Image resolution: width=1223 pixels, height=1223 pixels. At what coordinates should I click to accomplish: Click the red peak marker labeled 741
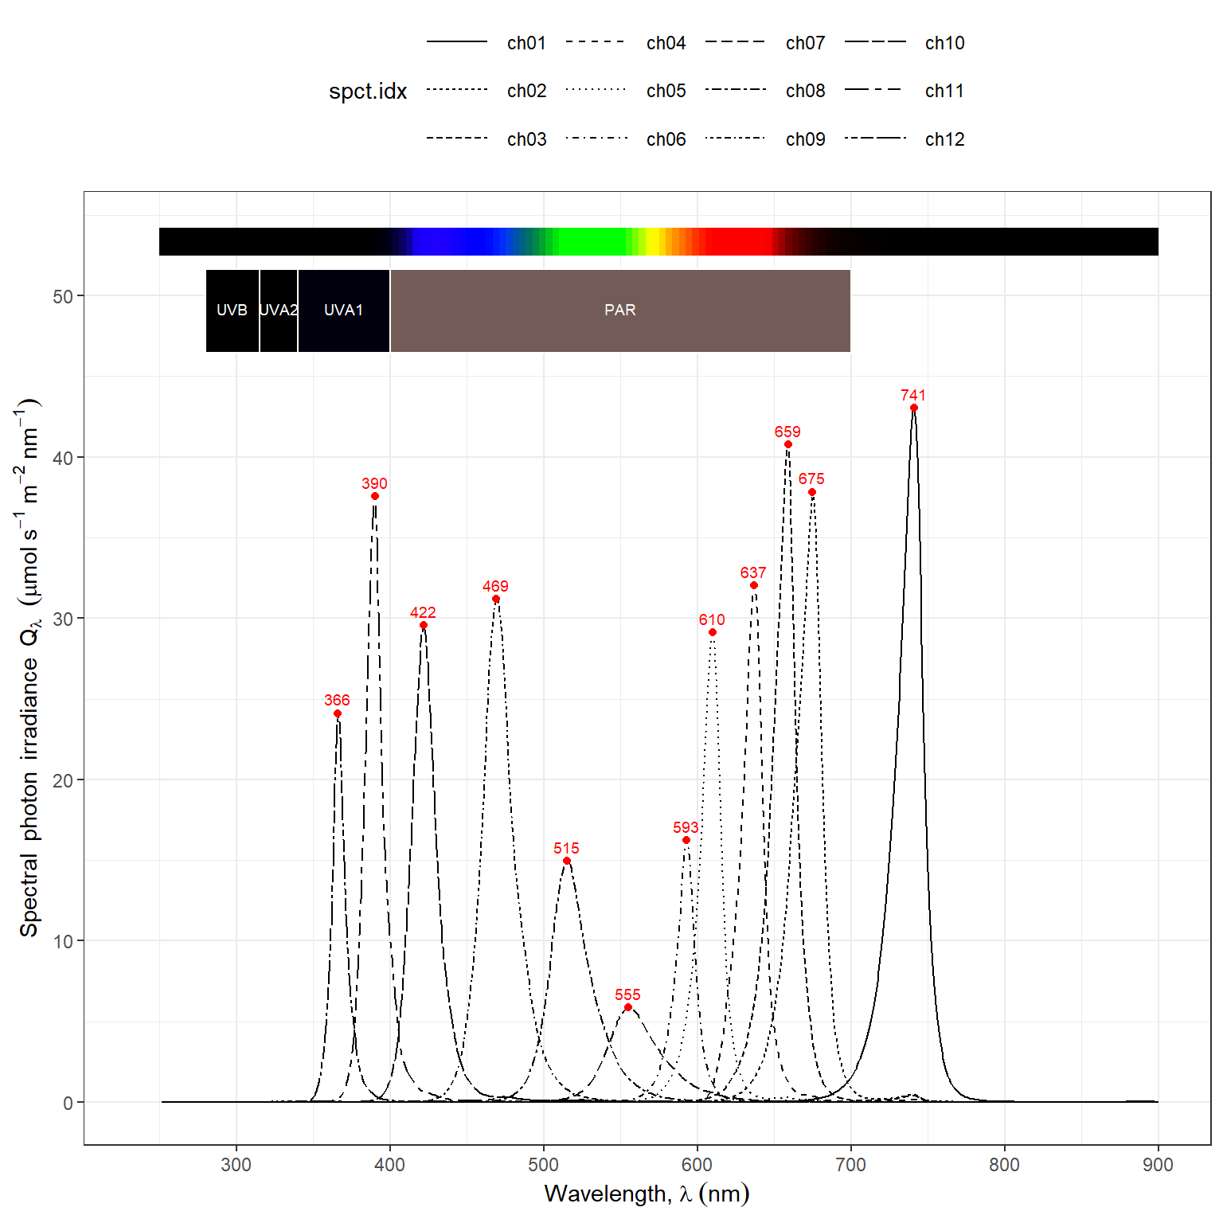pyautogui.click(x=913, y=408)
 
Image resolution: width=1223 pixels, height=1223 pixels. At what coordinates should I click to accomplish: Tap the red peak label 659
pyautogui.click(x=787, y=432)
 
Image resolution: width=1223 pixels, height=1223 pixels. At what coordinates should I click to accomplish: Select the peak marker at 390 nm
pyautogui.click(x=375, y=496)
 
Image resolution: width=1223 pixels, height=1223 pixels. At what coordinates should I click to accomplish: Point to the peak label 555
pyautogui.click(x=627, y=994)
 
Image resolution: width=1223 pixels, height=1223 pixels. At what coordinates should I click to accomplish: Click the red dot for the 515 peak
pyautogui.click(x=567, y=861)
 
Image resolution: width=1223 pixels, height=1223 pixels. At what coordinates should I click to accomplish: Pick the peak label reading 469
pyautogui.click(x=495, y=586)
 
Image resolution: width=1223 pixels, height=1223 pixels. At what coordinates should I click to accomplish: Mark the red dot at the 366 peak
pyautogui.click(x=338, y=713)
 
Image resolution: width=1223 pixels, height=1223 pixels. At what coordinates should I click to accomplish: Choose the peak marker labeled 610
pyautogui.click(x=713, y=632)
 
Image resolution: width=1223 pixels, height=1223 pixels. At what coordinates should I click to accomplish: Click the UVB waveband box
pyautogui.click(x=232, y=311)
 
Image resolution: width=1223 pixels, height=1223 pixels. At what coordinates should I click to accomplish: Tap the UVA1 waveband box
pyautogui.click(x=343, y=311)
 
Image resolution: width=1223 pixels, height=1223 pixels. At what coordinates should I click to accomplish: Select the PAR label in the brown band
pyautogui.click(x=619, y=311)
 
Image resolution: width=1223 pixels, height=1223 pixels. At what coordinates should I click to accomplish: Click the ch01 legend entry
pyautogui.click(x=526, y=43)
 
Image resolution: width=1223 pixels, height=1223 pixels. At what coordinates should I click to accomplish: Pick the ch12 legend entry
pyautogui.click(x=944, y=139)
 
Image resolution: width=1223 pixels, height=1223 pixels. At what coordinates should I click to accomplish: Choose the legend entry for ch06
pyautogui.click(x=666, y=139)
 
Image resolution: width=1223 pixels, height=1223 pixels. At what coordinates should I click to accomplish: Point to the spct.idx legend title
pyautogui.click(x=368, y=92)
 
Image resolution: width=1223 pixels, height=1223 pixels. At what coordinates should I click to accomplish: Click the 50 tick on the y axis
pyautogui.click(x=62, y=297)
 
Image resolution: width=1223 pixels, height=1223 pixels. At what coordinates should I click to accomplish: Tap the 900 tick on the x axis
pyautogui.click(x=1158, y=1165)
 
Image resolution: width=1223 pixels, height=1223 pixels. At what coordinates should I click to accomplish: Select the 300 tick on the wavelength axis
pyautogui.click(x=236, y=1165)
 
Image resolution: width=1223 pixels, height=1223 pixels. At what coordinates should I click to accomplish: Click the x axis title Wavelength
pyautogui.click(x=647, y=1194)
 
